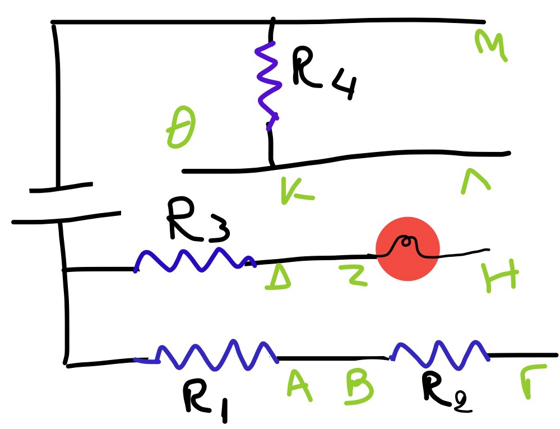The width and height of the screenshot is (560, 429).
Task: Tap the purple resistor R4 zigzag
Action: click(x=267, y=84)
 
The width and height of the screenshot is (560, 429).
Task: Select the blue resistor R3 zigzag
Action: click(x=193, y=261)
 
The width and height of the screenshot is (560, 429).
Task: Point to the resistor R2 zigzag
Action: click(x=440, y=352)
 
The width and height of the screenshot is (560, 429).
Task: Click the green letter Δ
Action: click(x=278, y=277)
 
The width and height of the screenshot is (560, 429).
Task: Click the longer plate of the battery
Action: click(x=66, y=218)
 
